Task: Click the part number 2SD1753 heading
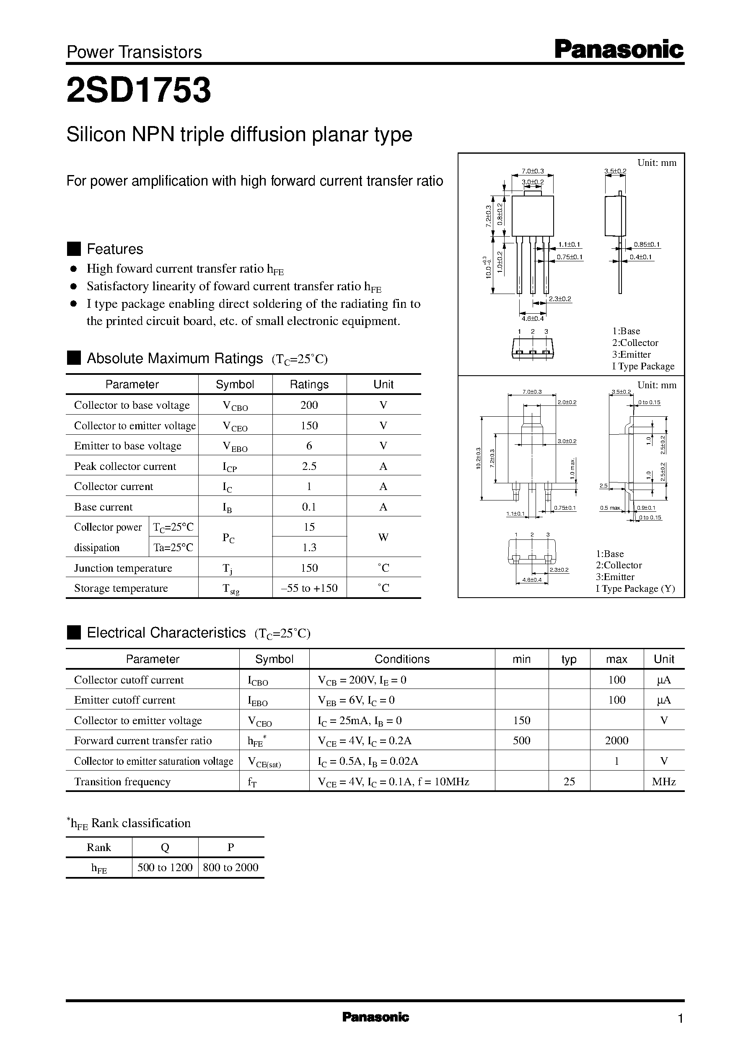coord(139,90)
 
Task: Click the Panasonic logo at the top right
coord(618,49)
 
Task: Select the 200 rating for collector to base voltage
coord(309,405)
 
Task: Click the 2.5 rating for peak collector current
coord(309,466)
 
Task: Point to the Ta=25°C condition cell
coord(174,547)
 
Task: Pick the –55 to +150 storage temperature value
coord(309,588)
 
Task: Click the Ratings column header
coord(309,384)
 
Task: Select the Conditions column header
coord(401,659)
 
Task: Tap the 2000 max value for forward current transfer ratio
coord(616,741)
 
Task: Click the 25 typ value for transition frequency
coord(569,781)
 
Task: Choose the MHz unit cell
coord(663,781)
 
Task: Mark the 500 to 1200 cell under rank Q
coord(165,867)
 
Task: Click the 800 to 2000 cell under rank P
coord(230,867)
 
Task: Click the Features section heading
coord(115,249)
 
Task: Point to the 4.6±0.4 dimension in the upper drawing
coord(532,318)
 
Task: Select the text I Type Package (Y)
coord(635,589)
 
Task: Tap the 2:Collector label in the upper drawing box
coord(635,343)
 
